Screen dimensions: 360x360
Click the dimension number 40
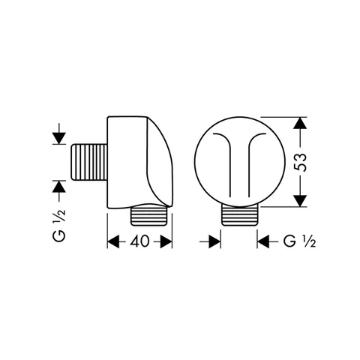pos(139,241)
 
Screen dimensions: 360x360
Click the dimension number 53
pos(300,162)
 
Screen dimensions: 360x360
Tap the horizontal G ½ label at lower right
pos(299,241)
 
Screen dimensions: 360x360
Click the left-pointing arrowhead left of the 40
pos(113,241)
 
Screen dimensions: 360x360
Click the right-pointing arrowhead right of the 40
pos(166,241)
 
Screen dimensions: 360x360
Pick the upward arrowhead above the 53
pos(300,123)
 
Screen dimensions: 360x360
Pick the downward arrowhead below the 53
pos(300,201)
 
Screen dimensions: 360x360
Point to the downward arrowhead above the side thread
pos(59,138)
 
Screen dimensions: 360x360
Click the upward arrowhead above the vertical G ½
pos(59,187)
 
